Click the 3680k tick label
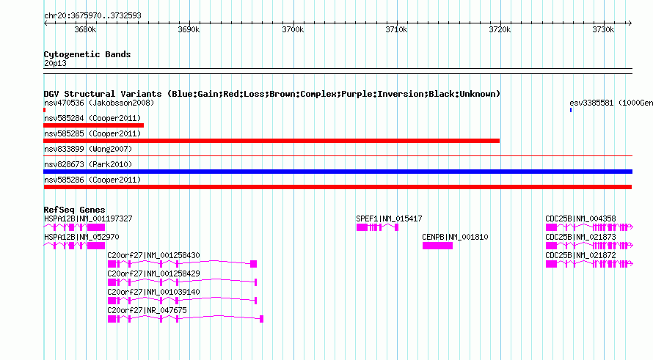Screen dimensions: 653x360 85,29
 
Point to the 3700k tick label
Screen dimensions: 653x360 293,29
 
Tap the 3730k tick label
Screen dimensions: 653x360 603,29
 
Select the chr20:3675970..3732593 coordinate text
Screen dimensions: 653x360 92,16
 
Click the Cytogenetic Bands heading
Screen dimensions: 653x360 87,54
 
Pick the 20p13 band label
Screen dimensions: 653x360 55,63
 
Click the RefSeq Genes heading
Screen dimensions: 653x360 74,210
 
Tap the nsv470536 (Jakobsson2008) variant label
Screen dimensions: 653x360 99,103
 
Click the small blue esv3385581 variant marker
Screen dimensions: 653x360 571,110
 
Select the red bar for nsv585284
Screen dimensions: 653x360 94,125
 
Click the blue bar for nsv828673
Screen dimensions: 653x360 338,172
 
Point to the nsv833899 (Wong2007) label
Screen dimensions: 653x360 88,149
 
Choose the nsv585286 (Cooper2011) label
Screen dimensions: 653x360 92,180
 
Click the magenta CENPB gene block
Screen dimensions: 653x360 437,246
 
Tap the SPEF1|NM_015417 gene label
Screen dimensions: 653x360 389,218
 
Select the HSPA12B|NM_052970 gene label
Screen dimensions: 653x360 81,237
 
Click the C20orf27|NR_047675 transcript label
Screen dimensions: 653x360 147,310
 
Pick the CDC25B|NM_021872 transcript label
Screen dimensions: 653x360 580,255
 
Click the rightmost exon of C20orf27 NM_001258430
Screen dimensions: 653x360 254,264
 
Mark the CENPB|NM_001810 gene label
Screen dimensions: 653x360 455,237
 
